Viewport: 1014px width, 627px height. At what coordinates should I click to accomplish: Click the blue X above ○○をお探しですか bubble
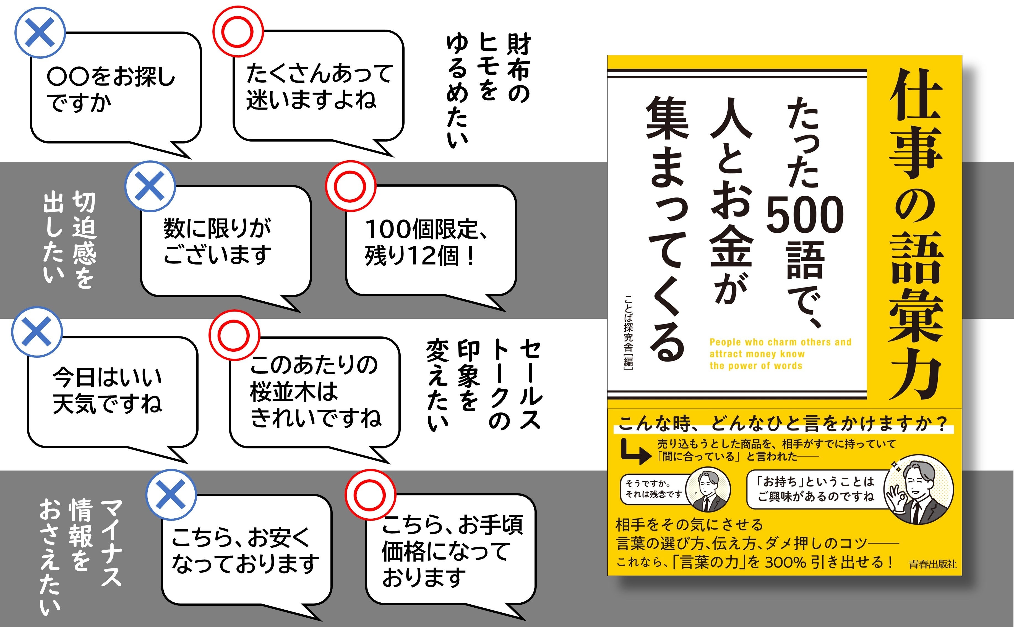tap(40, 32)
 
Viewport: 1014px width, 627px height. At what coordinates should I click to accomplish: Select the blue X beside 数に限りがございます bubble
tap(150, 186)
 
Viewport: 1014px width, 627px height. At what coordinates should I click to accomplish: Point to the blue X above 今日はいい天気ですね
tap(37, 332)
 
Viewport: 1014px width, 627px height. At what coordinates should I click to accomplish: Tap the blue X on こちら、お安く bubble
tap(170, 495)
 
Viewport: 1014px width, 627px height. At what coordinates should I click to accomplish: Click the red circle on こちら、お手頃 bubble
tap(370, 495)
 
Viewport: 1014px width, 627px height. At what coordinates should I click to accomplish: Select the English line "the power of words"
tap(756, 366)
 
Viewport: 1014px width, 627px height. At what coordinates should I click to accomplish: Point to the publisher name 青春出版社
tap(933, 564)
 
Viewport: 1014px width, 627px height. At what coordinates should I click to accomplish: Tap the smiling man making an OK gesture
tap(918, 489)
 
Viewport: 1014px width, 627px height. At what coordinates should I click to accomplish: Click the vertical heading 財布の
tap(518, 69)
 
